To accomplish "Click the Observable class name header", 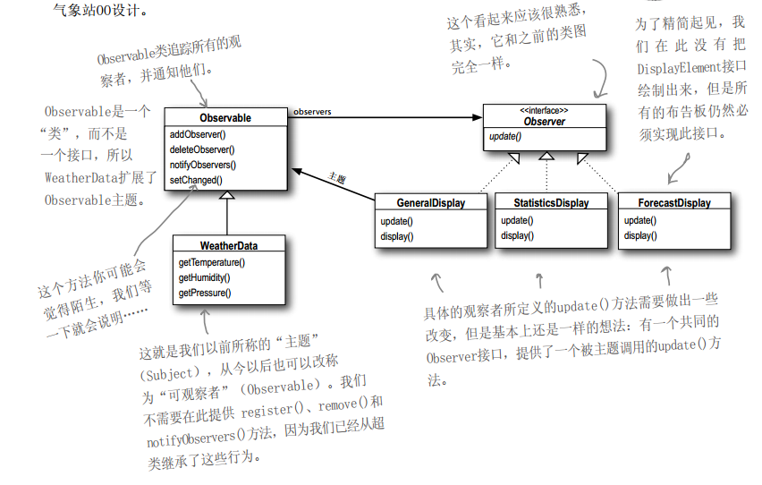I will click(225, 118).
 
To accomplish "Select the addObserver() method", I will click(198, 134).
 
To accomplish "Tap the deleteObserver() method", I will click(201, 149).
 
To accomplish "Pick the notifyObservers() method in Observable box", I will click(203, 165).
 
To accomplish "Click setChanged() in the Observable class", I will click(196, 180).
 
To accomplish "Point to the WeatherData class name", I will click(228, 245).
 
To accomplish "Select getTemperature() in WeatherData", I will click(211, 262).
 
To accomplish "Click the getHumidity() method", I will click(205, 277).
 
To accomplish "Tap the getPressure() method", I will click(205, 293).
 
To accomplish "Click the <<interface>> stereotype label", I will click(544, 111).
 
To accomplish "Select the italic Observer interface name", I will click(544, 122).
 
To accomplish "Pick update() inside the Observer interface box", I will click(505, 137).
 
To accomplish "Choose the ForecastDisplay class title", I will click(673, 203).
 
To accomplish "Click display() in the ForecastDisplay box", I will click(640, 235).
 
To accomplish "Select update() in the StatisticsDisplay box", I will click(517, 220).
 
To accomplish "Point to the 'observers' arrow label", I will click(313, 112).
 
